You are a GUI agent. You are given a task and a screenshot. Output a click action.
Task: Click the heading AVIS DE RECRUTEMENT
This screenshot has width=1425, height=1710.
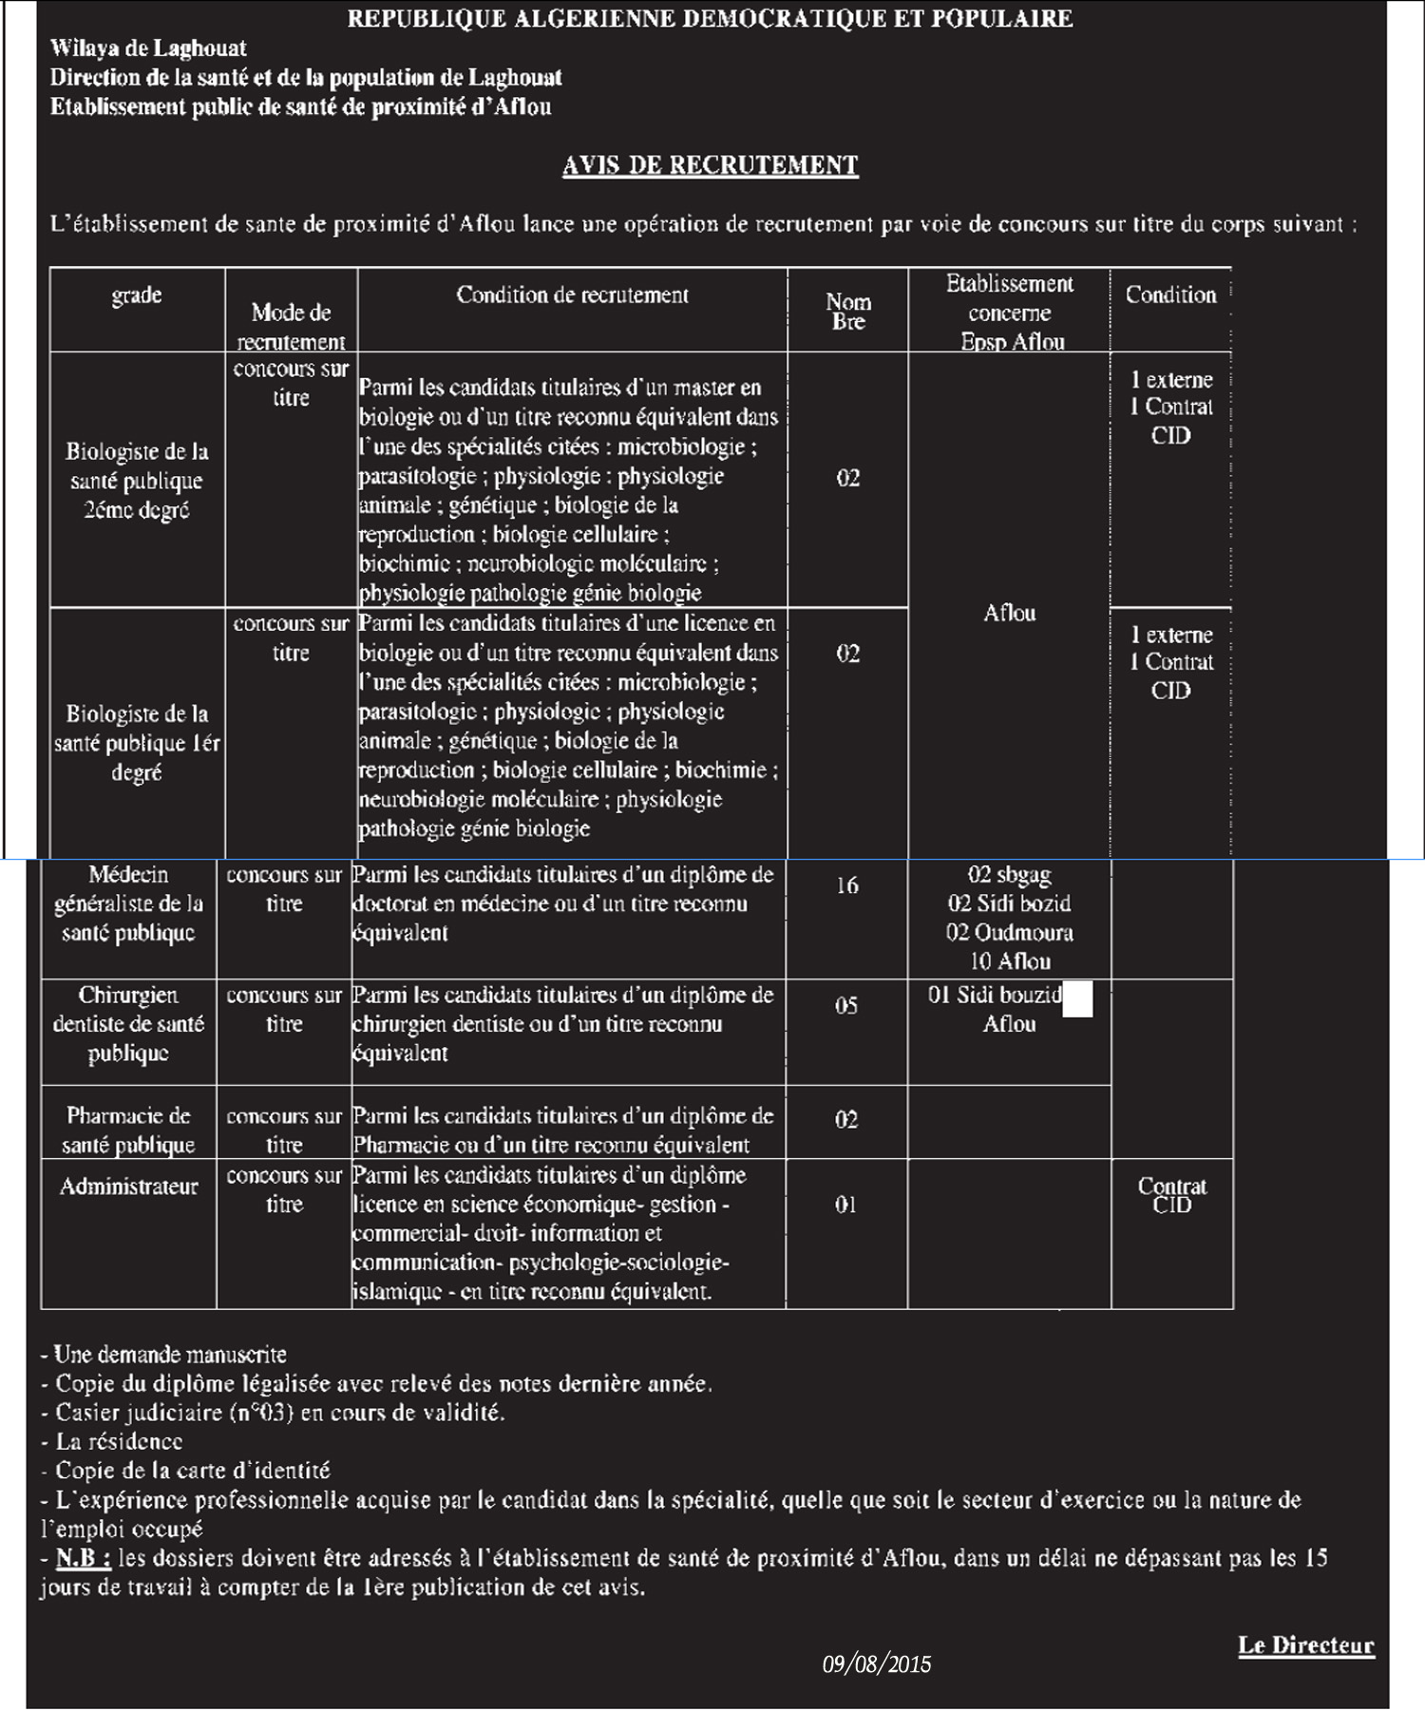pos(710,165)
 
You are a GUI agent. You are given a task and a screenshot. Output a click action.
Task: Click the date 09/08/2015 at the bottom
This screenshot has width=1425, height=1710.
pos(876,1663)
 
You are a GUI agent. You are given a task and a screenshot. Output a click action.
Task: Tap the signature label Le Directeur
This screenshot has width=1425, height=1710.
pos(1305,1645)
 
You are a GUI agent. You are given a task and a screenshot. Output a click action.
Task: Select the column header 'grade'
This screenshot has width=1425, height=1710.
pos(137,295)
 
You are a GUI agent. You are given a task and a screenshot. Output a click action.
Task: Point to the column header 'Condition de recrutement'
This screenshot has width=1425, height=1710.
pos(572,294)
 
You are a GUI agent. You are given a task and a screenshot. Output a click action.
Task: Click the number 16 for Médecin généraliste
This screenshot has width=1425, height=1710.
pos(846,885)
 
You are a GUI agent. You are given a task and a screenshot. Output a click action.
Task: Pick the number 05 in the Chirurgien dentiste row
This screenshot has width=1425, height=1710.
pos(846,1005)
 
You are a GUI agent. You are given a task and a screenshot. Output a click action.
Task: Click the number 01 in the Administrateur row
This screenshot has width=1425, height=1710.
pos(845,1205)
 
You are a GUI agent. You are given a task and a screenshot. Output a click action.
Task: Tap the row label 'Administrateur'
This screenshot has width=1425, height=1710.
pos(129,1187)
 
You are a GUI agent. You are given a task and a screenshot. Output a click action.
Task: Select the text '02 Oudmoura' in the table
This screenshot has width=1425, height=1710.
pos(1009,932)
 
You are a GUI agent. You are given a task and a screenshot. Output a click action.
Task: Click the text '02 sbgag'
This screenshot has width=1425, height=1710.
pos(1009,874)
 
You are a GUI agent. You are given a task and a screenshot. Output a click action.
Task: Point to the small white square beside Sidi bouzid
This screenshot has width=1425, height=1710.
pos(1077,999)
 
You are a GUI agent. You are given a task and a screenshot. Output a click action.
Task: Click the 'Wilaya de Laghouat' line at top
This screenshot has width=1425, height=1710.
pos(148,48)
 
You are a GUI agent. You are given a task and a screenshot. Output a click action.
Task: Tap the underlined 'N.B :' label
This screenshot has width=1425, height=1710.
pos(84,1558)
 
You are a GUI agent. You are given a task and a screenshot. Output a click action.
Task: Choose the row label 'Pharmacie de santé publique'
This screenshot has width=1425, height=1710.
pos(128,1130)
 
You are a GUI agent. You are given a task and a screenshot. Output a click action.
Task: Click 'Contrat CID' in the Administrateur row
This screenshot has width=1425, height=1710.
pos(1171,1195)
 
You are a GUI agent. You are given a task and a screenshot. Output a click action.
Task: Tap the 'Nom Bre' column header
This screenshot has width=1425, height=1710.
pos(847,312)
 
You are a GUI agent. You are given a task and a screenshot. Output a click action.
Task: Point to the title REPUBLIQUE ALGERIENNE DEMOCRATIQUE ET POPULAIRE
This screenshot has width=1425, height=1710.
pos(710,19)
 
